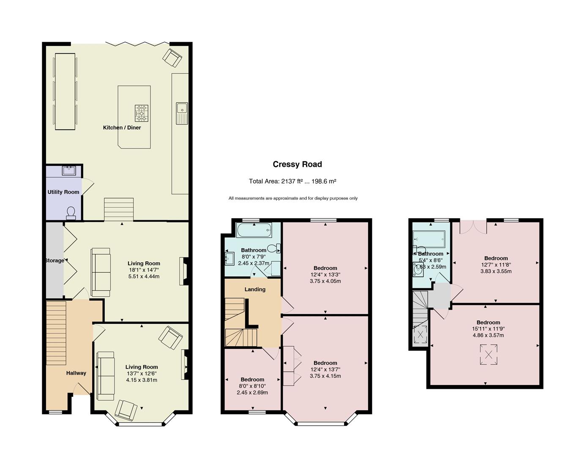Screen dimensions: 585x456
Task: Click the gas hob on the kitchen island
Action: tap(141, 113)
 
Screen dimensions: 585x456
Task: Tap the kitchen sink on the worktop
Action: tap(182, 113)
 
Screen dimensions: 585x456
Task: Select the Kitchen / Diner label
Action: tap(122, 128)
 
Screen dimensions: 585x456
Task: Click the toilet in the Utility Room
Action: tap(71, 213)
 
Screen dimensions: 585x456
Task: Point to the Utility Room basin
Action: tap(69, 171)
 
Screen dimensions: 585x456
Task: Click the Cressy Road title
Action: tap(297, 164)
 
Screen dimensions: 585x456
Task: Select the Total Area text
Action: tap(292, 181)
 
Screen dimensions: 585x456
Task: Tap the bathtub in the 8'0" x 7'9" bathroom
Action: tap(254, 230)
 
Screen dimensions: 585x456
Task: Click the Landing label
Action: tap(255, 289)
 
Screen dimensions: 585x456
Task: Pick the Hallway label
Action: tap(76, 373)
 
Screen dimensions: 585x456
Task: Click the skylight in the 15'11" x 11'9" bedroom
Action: tap(488, 355)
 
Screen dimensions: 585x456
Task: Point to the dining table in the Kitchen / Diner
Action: tap(65, 92)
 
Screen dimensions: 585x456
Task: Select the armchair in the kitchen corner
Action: tap(172, 57)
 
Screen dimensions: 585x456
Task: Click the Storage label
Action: tap(55, 261)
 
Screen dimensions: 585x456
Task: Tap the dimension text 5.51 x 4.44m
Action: tap(144, 277)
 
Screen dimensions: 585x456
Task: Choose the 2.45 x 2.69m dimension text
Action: tap(252, 393)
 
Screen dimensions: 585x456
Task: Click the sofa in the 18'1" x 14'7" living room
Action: tap(101, 272)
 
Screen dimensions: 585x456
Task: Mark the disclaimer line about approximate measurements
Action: tap(293, 198)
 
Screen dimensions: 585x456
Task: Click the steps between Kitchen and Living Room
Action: tap(119, 209)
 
